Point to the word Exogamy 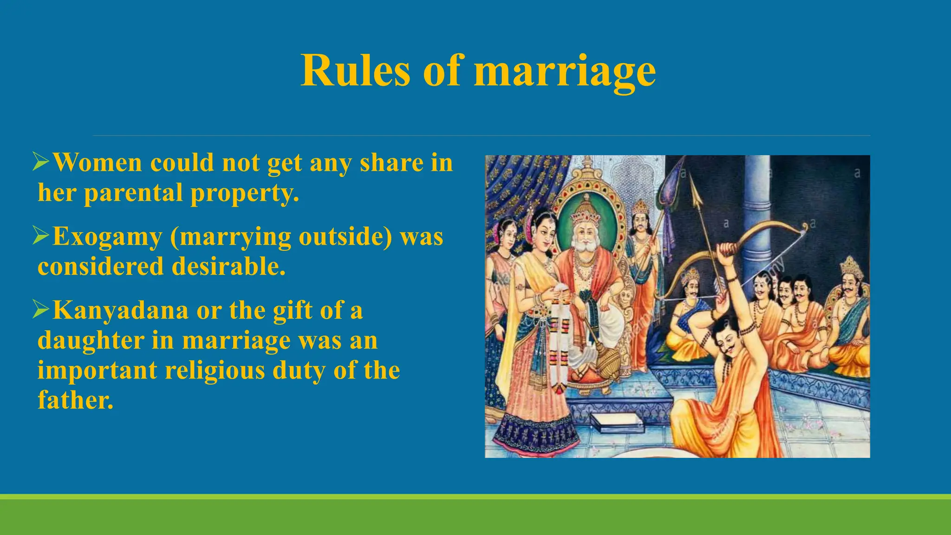point(107,237)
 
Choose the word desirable point(228,267)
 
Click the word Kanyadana point(121,310)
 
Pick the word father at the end point(75,400)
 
